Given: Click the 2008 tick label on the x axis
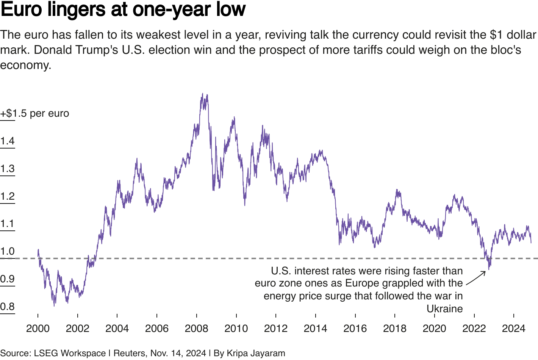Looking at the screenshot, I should tap(196, 328).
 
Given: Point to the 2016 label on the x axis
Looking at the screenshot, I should tap(355, 328).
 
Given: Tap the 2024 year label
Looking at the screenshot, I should tap(513, 328).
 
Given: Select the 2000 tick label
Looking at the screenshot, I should tap(38, 328).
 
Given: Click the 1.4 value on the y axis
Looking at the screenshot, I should tap(7, 141).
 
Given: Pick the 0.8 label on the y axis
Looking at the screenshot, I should tap(7, 307).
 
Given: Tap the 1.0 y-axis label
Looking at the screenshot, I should tap(7, 251).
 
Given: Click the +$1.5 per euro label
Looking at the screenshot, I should tap(34, 113).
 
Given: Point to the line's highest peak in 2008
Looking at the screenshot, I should tap(203, 94).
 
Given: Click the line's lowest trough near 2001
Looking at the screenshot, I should tap(54, 305).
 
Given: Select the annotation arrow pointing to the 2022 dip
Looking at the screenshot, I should tap(476, 278).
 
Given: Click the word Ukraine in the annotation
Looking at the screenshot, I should tap(444, 309).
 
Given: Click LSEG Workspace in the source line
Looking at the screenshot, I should tap(70, 353).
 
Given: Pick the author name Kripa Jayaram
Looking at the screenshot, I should tap(256, 353).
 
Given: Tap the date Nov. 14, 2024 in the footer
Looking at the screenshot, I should tap(178, 353).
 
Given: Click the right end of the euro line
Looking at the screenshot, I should tap(531, 243).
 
